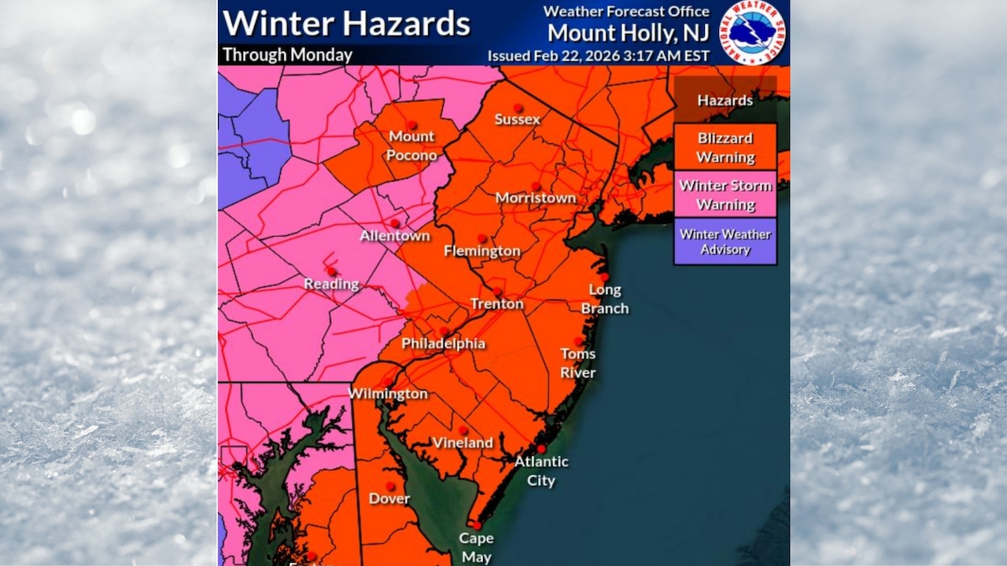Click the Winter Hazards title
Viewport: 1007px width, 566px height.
pos(346,24)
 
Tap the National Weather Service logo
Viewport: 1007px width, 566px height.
pos(754,32)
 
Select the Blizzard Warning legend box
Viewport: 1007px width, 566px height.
pos(725,147)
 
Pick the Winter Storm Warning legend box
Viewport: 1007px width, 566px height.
pos(725,195)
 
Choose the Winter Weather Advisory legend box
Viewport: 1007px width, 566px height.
pos(725,241)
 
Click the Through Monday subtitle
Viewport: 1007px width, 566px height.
pos(287,55)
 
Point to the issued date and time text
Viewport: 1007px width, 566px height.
pos(598,56)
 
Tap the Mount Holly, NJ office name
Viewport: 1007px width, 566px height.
pos(628,33)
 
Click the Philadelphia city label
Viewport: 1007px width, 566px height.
pos(443,344)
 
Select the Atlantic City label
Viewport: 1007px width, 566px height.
pos(540,471)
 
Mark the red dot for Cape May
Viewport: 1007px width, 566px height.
pos(475,524)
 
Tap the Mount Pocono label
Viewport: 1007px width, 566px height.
pos(412,145)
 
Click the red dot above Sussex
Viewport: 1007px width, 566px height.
pos(518,108)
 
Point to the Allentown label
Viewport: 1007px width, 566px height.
pos(395,236)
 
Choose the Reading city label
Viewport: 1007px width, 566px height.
pos(331,284)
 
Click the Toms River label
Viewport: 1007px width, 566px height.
pos(577,362)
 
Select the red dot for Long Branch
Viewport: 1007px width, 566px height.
pos(604,277)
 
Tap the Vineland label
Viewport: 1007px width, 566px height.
pos(463,443)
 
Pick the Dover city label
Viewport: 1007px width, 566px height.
pos(389,498)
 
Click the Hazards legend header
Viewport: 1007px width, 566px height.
pos(725,101)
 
